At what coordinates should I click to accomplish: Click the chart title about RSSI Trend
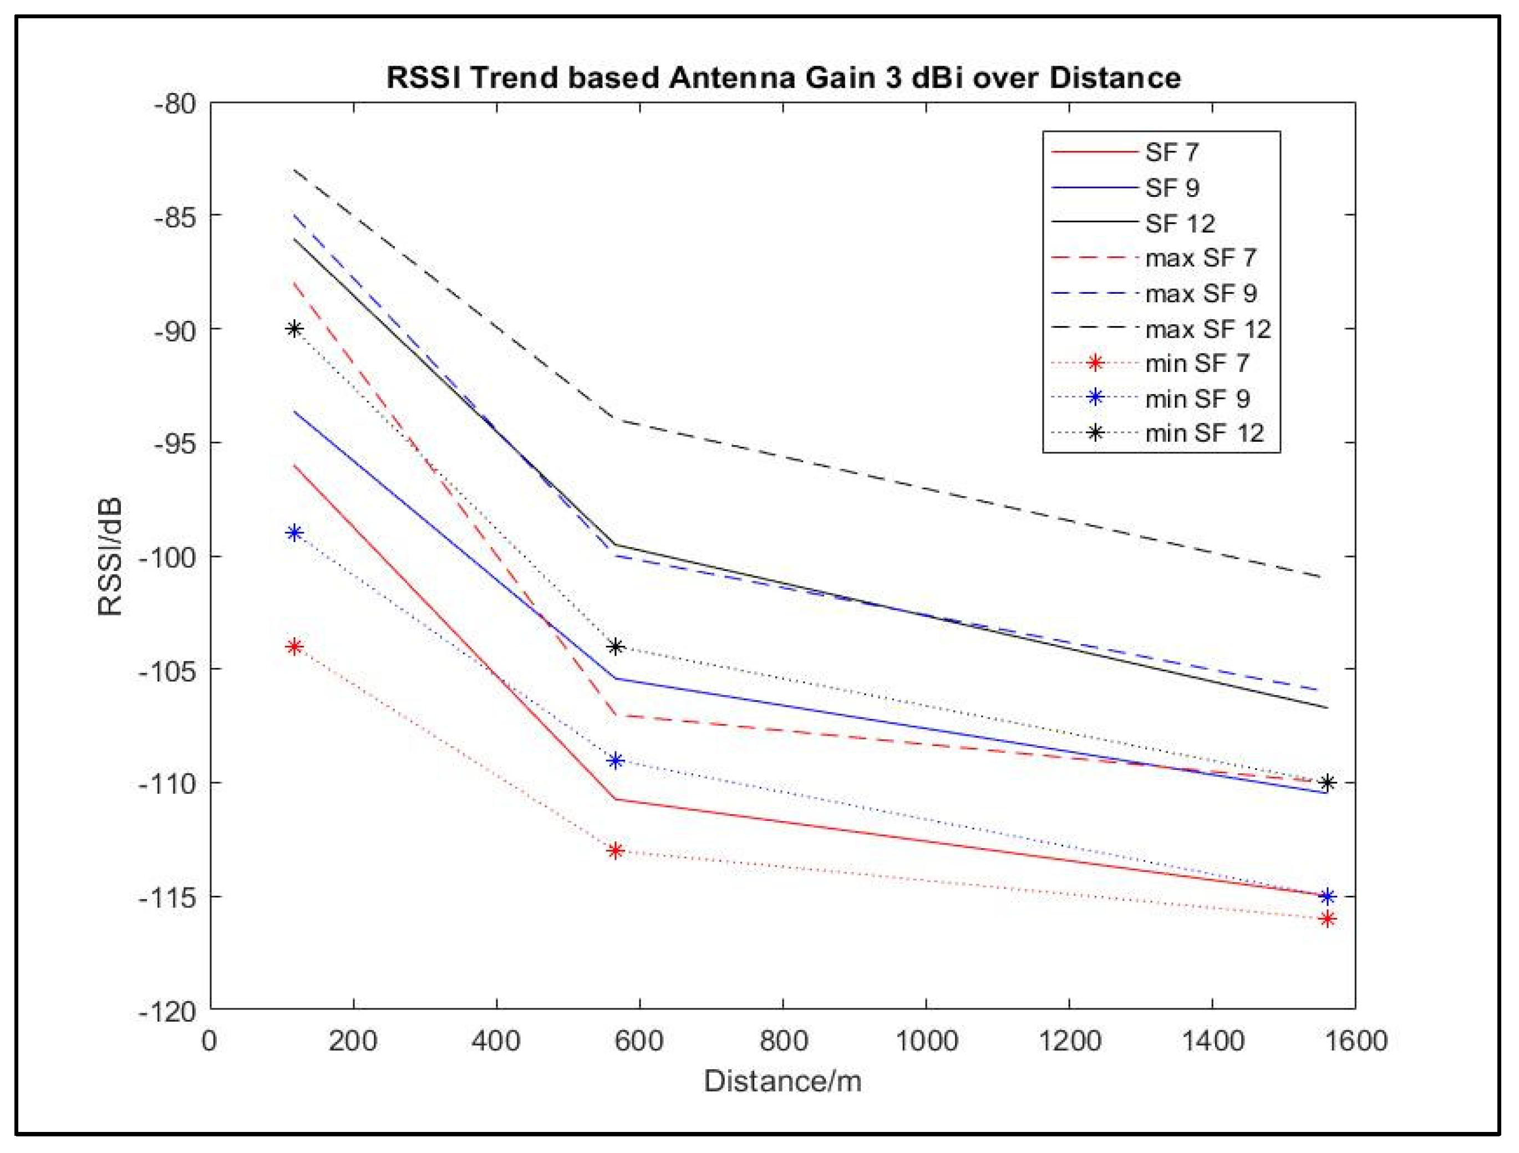pos(783,77)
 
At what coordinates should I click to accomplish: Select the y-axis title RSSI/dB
pos(110,557)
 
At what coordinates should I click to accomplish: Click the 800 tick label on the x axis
pos(783,1041)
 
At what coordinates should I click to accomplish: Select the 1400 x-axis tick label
pos(1213,1041)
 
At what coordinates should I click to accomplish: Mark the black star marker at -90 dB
pos(294,329)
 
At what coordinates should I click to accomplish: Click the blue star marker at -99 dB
pos(294,533)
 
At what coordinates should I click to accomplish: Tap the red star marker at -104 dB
pos(294,646)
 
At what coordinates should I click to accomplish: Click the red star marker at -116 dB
pos(1327,919)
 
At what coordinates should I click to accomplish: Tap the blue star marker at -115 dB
pos(1327,896)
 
